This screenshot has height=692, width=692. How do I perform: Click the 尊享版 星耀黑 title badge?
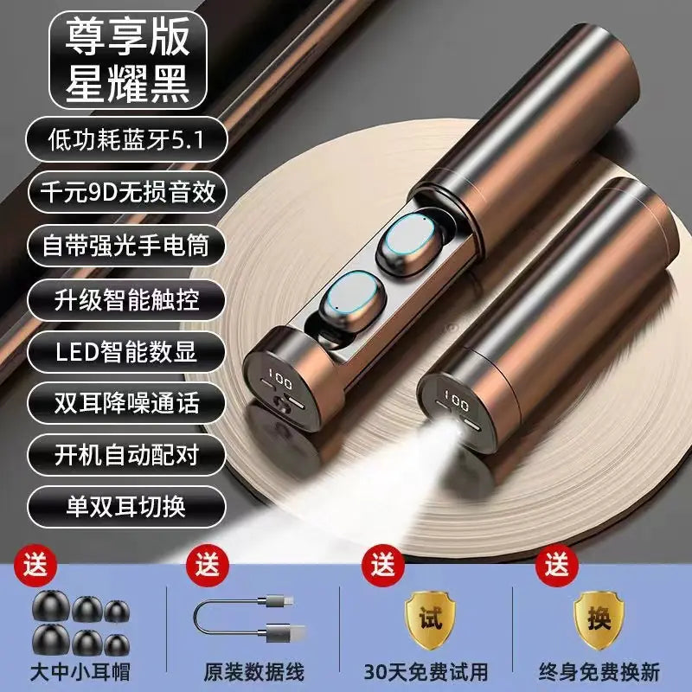coord(127,60)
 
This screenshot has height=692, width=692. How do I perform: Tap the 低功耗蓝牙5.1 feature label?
coord(126,139)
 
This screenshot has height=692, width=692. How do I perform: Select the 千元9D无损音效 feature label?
coord(127,192)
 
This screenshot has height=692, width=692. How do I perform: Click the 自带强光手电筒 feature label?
coord(126,246)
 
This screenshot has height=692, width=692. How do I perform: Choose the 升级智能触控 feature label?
coord(126,299)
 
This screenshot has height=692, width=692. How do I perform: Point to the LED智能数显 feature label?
coord(126,352)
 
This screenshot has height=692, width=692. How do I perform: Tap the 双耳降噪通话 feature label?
coord(126,403)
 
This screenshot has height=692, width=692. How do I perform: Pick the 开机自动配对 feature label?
coord(126,455)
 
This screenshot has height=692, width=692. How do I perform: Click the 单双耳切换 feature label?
coord(126,507)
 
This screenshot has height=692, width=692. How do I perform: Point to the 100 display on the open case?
coord(280,379)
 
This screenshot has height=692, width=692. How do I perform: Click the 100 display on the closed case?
coord(457,400)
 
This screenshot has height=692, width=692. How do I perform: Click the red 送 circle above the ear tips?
coord(35,566)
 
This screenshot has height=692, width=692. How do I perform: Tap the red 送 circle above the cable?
coord(208,566)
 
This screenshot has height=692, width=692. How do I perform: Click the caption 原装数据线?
coord(253,672)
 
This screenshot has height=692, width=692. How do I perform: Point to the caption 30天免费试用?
coord(426,672)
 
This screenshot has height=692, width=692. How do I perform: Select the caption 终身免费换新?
coord(599,672)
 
